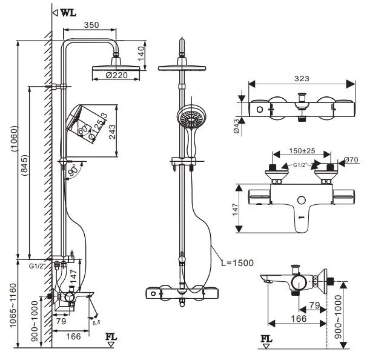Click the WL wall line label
point(67,12)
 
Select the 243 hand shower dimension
point(113,128)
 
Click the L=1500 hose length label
point(237,262)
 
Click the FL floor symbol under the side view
point(111,338)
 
